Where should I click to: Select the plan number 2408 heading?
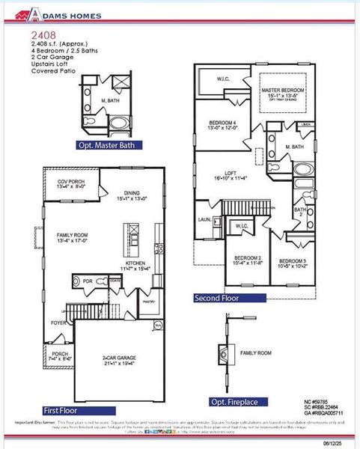[x=42, y=34]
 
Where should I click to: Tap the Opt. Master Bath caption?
[x=110, y=145]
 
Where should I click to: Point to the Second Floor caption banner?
[x=231, y=297]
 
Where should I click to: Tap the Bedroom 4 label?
[x=223, y=124]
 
